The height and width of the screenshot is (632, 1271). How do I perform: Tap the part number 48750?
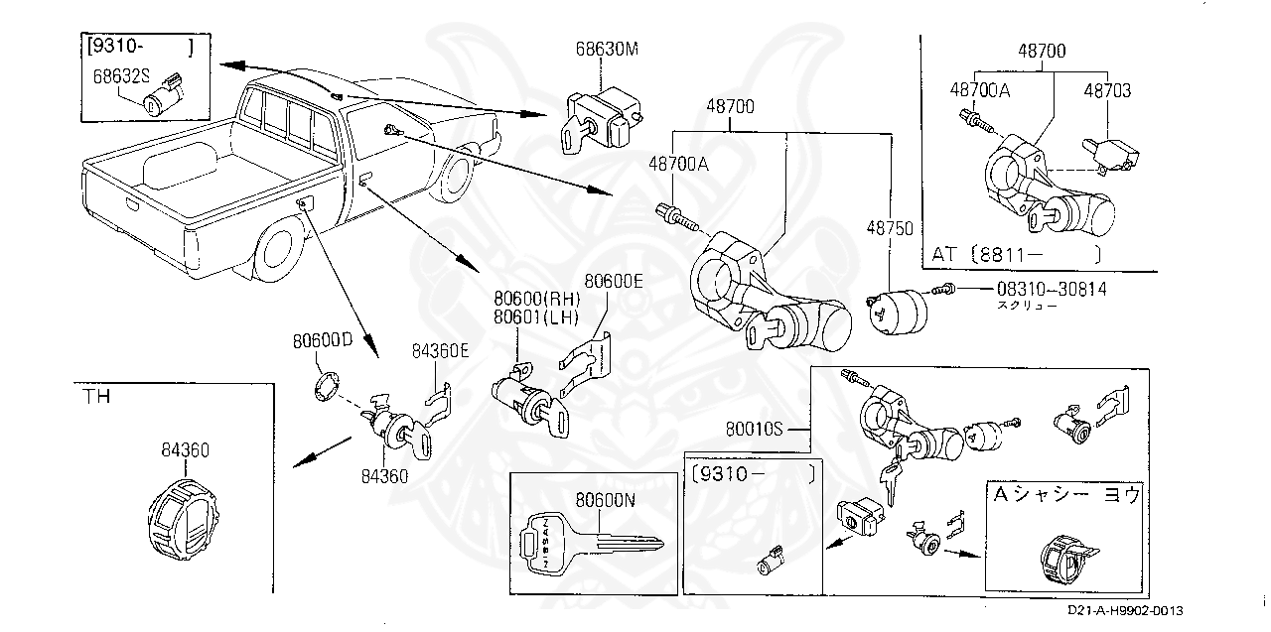(x=892, y=228)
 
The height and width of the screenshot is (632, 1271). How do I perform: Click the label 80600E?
(x=614, y=282)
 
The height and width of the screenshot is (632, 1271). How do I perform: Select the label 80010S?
(x=755, y=430)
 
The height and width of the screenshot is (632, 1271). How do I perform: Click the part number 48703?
(x=1107, y=90)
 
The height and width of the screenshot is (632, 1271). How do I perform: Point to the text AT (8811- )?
(x=1015, y=255)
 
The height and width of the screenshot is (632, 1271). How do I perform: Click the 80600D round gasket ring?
(x=325, y=387)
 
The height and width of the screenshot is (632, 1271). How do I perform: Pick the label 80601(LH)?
(x=537, y=316)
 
